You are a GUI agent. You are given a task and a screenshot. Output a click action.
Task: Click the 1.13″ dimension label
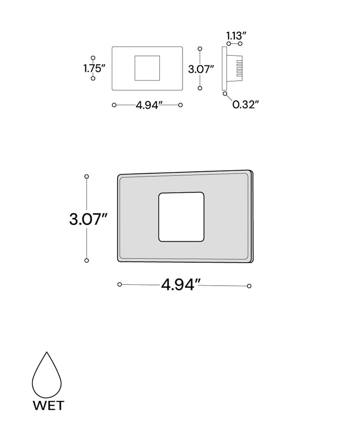click(236, 36)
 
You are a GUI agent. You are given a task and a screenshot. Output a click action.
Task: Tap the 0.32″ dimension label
click(245, 104)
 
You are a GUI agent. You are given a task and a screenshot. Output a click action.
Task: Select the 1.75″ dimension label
click(95, 68)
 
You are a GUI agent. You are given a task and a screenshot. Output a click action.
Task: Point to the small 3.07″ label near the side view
click(201, 69)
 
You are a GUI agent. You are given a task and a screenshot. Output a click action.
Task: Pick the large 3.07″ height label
click(88, 220)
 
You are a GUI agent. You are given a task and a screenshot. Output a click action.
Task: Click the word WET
click(49, 405)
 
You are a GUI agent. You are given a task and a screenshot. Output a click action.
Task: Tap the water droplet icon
click(47, 374)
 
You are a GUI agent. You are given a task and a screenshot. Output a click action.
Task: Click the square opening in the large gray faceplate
click(181, 217)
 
